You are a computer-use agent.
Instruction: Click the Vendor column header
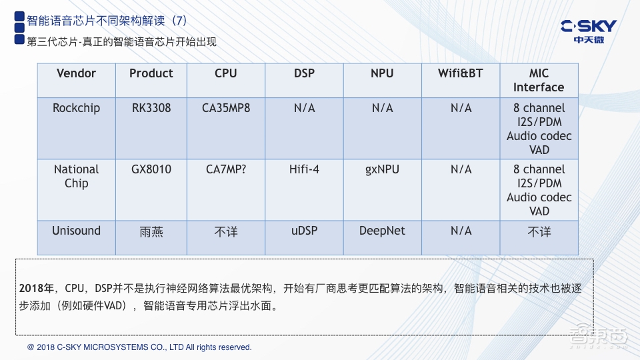coord(76,73)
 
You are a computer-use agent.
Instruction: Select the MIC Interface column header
coord(539,80)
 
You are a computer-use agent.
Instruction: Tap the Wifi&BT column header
coord(461,73)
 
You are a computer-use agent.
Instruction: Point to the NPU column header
coord(382,73)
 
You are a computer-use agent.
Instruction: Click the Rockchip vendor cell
coord(76,108)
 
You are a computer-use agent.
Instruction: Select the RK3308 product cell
coord(151,108)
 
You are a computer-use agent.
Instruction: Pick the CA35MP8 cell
coord(226,108)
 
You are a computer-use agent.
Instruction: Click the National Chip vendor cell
coord(76,177)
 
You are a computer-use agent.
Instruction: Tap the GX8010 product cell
coord(151,169)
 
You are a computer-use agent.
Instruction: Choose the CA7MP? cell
coord(226,169)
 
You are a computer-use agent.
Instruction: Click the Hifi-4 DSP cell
coord(304,169)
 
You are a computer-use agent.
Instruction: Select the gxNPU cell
coord(382,169)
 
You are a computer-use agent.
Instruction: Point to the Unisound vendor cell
coord(76,231)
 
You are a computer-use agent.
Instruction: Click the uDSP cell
coord(304,231)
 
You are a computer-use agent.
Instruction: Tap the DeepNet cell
coord(382,231)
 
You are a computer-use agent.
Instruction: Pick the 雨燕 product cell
coord(151,231)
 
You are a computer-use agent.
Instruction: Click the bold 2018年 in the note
coord(37,289)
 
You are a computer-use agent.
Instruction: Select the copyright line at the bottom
coord(139,347)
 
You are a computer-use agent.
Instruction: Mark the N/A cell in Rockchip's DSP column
coord(304,108)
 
